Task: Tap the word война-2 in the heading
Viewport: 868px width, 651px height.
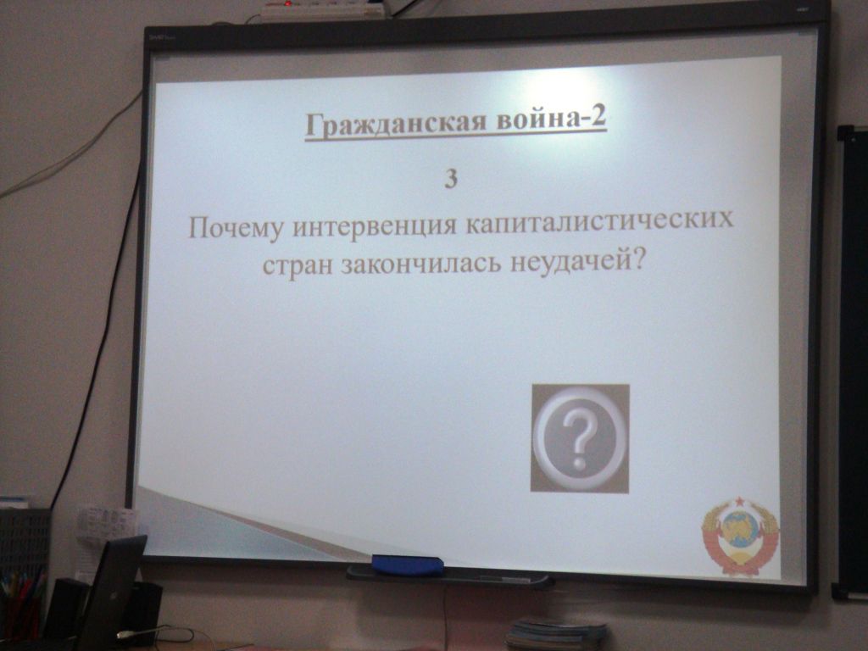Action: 551,120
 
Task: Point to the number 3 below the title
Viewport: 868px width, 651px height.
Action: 451,180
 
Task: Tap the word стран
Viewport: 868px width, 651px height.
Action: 298,265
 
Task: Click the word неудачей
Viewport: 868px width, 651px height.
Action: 576,260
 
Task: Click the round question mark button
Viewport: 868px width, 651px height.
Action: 580,438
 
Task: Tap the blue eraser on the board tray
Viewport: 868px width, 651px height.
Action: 408,565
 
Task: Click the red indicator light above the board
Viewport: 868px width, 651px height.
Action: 288,3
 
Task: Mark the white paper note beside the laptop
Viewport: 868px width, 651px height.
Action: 105,524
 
